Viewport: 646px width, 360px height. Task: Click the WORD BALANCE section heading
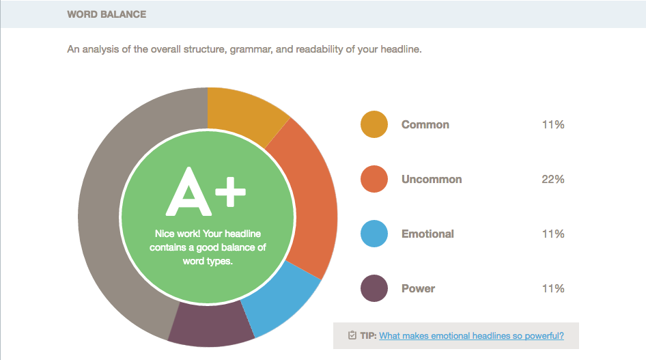coord(107,14)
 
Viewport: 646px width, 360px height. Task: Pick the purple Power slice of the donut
coord(211,324)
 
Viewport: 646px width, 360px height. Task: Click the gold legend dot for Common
coord(374,124)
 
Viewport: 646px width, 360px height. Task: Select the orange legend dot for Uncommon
coord(374,179)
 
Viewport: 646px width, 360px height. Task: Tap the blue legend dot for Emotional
coord(374,234)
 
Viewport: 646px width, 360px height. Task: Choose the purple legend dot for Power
coord(374,288)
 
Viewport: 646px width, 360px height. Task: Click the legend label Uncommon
coord(432,179)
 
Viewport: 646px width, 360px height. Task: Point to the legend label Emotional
coord(427,234)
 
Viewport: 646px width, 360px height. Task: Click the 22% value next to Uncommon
coord(553,179)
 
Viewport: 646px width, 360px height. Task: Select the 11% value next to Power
coord(553,288)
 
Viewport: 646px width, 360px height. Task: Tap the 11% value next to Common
coord(553,124)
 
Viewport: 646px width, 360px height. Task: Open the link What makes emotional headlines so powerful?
coord(471,335)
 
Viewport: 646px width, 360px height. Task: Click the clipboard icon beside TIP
coord(352,335)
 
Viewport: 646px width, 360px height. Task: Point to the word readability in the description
coord(320,49)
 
